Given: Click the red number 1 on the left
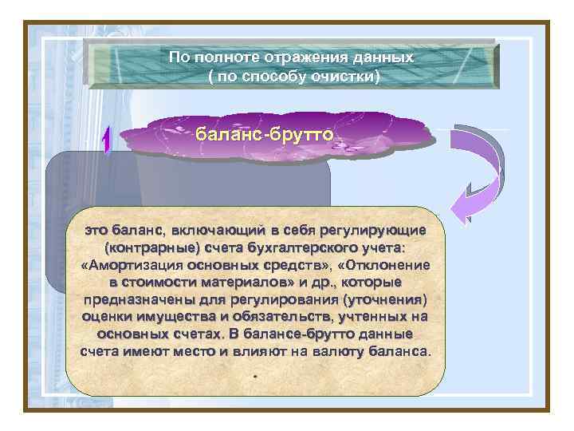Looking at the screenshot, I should (x=107, y=141).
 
